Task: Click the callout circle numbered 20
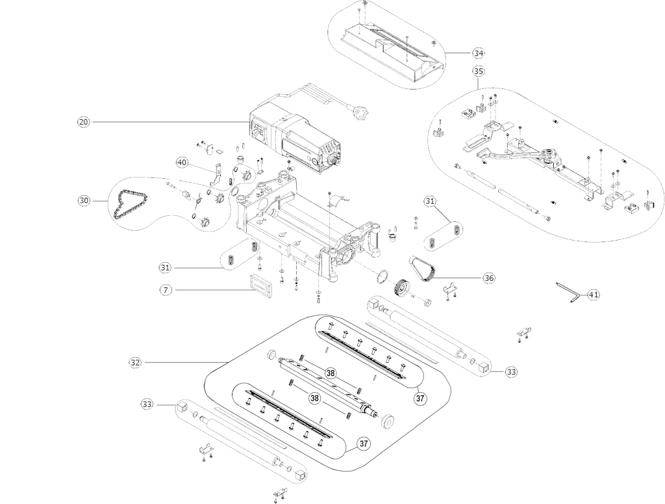83,122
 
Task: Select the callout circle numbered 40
181,161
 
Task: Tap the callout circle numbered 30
84,201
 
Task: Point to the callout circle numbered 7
167,290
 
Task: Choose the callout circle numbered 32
135,362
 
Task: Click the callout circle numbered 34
479,52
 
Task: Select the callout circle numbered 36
488,278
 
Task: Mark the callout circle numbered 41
593,295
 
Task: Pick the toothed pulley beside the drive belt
403,287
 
